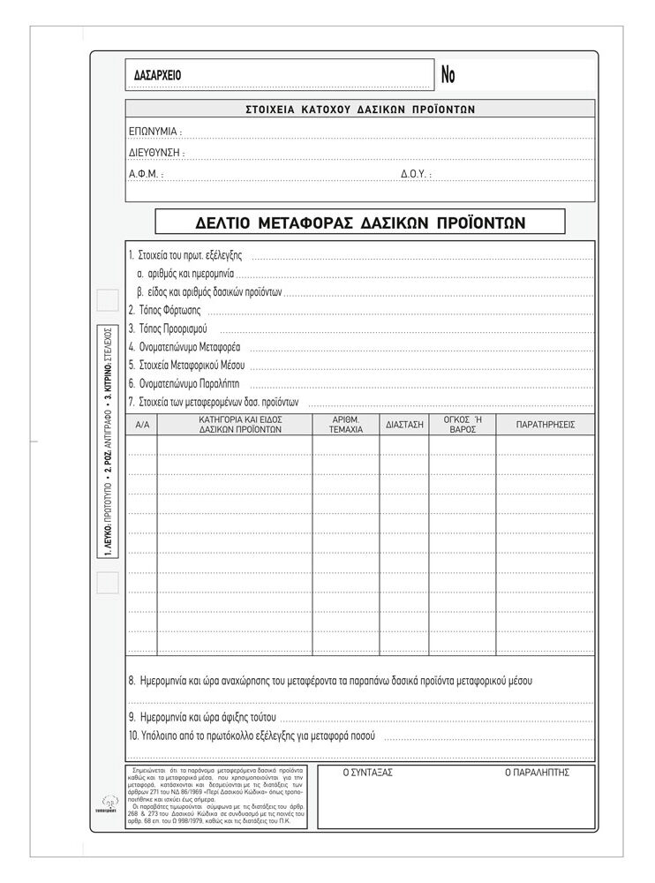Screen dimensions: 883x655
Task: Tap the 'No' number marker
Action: coord(448,76)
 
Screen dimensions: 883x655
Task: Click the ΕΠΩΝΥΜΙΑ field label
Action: coord(154,131)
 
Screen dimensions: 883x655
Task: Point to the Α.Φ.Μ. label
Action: coord(145,175)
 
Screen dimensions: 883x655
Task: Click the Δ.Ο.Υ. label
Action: coord(416,175)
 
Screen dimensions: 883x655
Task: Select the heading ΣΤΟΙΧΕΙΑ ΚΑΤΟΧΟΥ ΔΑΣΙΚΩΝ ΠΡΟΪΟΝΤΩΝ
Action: coord(359,109)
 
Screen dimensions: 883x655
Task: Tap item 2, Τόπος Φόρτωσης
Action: coord(164,310)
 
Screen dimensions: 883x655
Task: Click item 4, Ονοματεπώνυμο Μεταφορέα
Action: coord(184,347)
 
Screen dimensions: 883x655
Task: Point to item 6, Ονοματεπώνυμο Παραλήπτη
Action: coord(184,384)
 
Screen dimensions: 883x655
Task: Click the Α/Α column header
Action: coord(143,425)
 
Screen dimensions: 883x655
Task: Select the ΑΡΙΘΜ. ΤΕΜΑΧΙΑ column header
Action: coord(345,425)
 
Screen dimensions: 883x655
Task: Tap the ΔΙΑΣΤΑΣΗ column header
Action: coord(404,425)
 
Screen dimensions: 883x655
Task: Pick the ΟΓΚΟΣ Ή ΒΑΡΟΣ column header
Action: coord(463,425)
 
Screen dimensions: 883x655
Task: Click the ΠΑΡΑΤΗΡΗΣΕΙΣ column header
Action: coord(545,425)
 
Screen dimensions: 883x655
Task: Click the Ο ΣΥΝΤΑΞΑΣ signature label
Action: coord(368,772)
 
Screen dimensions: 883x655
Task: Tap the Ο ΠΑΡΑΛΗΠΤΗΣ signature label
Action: coord(537,772)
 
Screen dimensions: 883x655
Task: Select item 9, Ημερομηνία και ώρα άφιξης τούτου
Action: coord(202,716)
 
